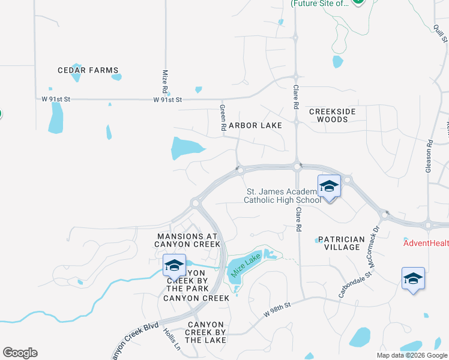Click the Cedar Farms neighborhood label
click(x=88, y=70)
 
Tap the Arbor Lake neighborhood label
click(x=255, y=125)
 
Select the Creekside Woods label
click(x=333, y=115)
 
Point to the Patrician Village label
click(x=341, y=243)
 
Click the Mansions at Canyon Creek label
click(x=188, y=240)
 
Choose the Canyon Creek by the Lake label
click(x=206, y=332)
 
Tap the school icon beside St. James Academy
click(x=329, y=186)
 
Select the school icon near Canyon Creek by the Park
click(x=174, y=265)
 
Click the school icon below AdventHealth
click(x=413, y=278)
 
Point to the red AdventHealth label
click(x=426, y=243)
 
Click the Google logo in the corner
click(x=20, y=353)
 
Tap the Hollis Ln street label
click(x=171, y=340)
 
